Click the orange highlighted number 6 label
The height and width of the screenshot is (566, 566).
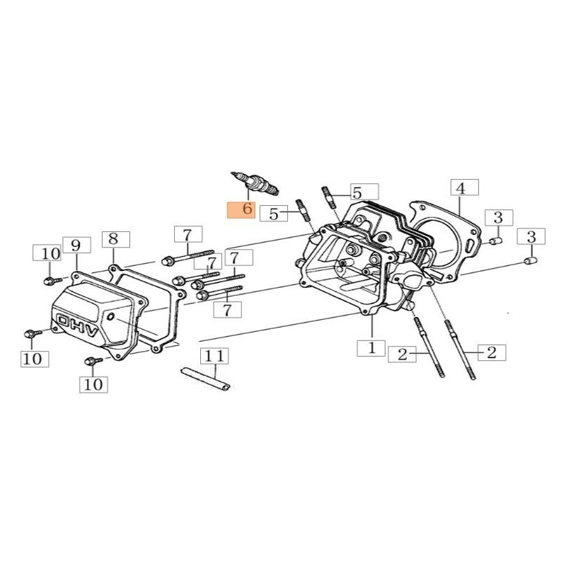click(x=238, y=209)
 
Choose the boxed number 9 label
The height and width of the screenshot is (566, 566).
click(x=76, y=246)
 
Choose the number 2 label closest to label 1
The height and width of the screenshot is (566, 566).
click(x=403, y=354)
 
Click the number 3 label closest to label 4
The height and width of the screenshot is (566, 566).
click(x=498, y=216)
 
